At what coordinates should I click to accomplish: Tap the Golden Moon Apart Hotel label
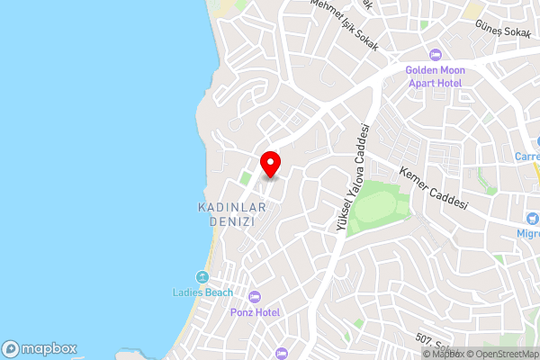[x=433, y=76]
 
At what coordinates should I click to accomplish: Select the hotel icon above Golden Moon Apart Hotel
[x=435, y=55]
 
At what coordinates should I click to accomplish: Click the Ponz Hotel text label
[x=255, y=312]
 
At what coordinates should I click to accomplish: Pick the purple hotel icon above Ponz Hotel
[x=255, y=297]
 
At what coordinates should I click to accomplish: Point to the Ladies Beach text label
[x=202, y=292]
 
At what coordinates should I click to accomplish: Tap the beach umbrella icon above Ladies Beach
[x=202, y=276]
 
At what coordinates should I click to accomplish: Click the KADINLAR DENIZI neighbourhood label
[x=231, y=213]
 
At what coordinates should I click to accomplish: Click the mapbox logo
[x=39, y=349]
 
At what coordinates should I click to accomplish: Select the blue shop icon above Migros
[x=534, y=217]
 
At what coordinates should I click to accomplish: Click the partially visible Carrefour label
[x=527, y=156]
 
